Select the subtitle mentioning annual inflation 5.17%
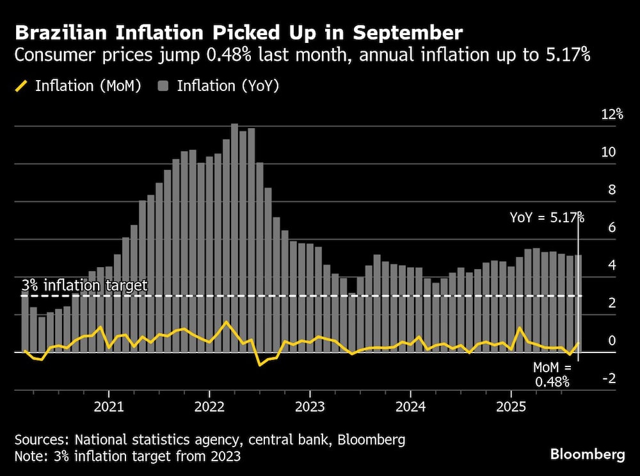point(302,56)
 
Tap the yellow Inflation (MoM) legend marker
point(22,86)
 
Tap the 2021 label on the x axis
point(109,407)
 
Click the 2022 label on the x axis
point(209,407)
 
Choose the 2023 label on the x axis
point(310,407)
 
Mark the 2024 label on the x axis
point(410,407)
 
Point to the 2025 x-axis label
point(511,407)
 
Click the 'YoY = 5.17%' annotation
point(547,217)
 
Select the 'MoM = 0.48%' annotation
point(552,375)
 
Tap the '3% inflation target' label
point(84,285)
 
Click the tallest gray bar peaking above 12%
point(234,237)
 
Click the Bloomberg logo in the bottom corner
point(588,454)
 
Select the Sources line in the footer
point(209,440)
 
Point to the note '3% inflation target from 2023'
point(127,456)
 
